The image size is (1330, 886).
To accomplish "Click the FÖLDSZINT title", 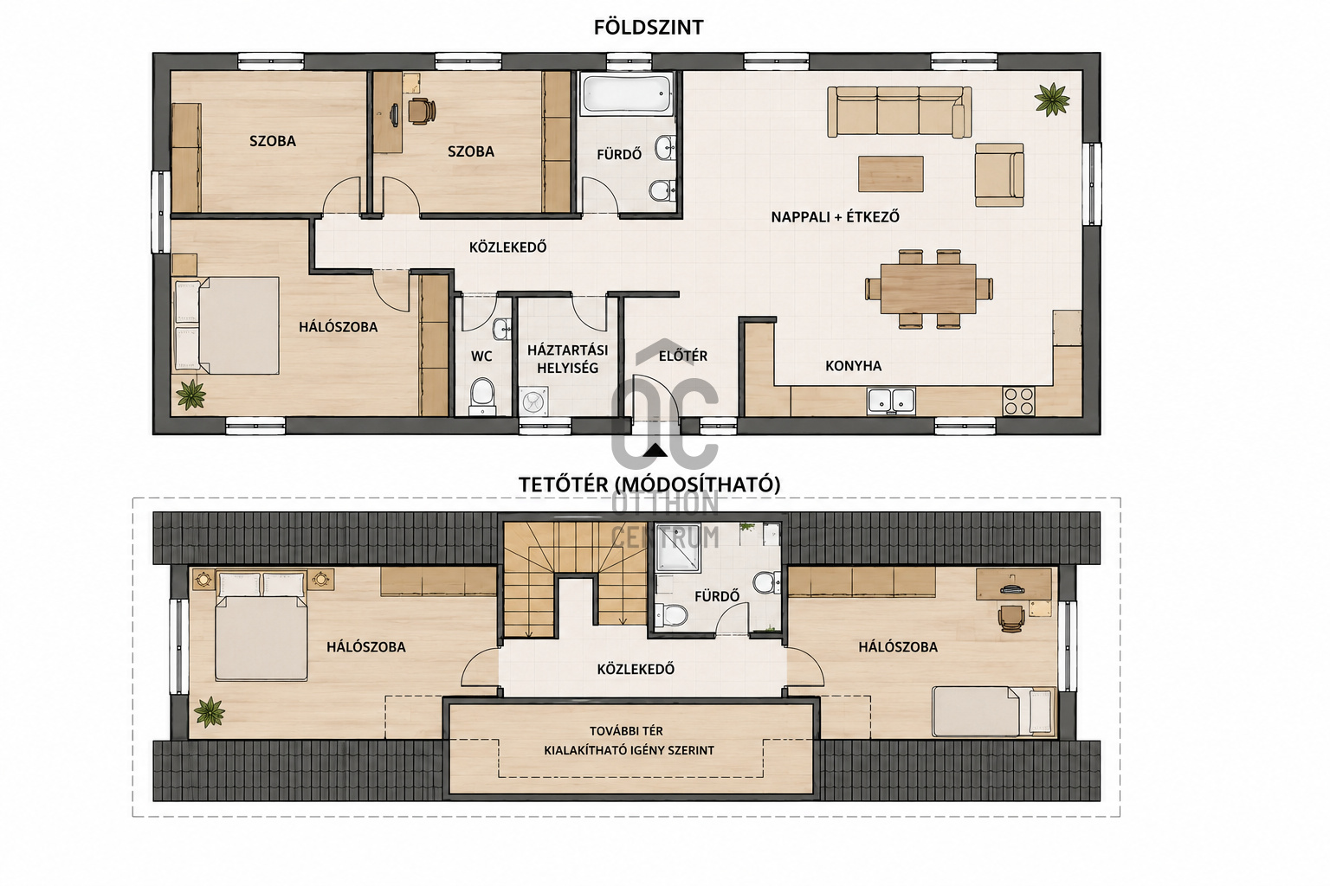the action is pos(649,28).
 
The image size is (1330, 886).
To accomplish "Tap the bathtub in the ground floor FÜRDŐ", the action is pos(628,93).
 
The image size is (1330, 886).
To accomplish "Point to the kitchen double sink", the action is pos(891,400).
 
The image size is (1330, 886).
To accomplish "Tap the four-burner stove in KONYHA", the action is pos(1018,400).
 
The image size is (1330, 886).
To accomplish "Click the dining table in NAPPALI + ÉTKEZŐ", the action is pos(928,288).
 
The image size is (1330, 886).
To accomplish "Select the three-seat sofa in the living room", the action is pos(899,112).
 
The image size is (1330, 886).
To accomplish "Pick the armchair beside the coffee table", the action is pos(999,175).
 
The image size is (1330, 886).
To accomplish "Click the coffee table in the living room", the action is pos(891,174).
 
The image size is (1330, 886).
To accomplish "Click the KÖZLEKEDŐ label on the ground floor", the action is pos(507,247).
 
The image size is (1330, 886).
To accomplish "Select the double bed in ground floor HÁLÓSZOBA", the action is pos(227,325).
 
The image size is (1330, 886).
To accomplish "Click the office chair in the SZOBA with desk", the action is pos(421,111).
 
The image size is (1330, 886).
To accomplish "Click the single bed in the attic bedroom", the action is pos(995,711).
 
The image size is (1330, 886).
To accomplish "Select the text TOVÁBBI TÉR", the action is pos(626,731).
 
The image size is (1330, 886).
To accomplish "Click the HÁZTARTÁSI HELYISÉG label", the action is pos(568,359).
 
